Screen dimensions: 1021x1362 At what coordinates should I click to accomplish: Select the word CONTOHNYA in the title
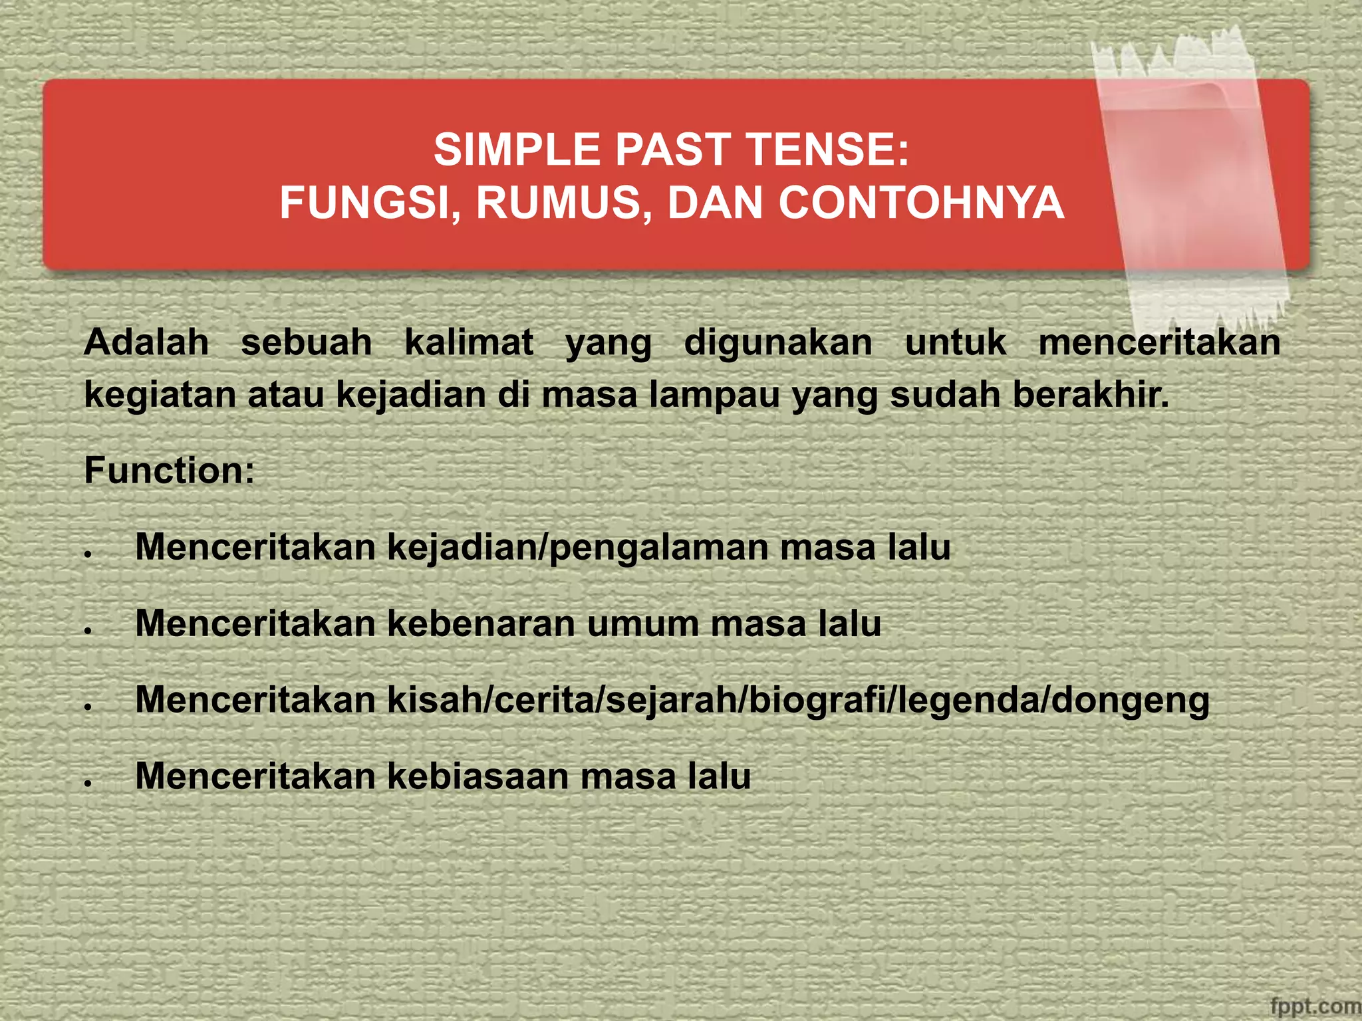[922, 203]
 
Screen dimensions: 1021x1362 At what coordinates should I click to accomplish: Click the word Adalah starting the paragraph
[146, 343]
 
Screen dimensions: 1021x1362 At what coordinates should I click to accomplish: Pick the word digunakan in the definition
[778, 343]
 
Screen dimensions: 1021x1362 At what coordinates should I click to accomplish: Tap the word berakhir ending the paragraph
[1091, 395]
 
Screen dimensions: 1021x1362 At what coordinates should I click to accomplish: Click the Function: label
[170, 471]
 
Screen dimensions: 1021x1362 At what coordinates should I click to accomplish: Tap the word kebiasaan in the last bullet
[478, 776]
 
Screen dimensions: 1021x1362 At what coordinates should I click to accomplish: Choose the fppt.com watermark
[1315, 1006]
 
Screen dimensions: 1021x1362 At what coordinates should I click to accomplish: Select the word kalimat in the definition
[469, 343]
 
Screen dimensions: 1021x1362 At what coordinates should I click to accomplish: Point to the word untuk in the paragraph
[956, 343]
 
